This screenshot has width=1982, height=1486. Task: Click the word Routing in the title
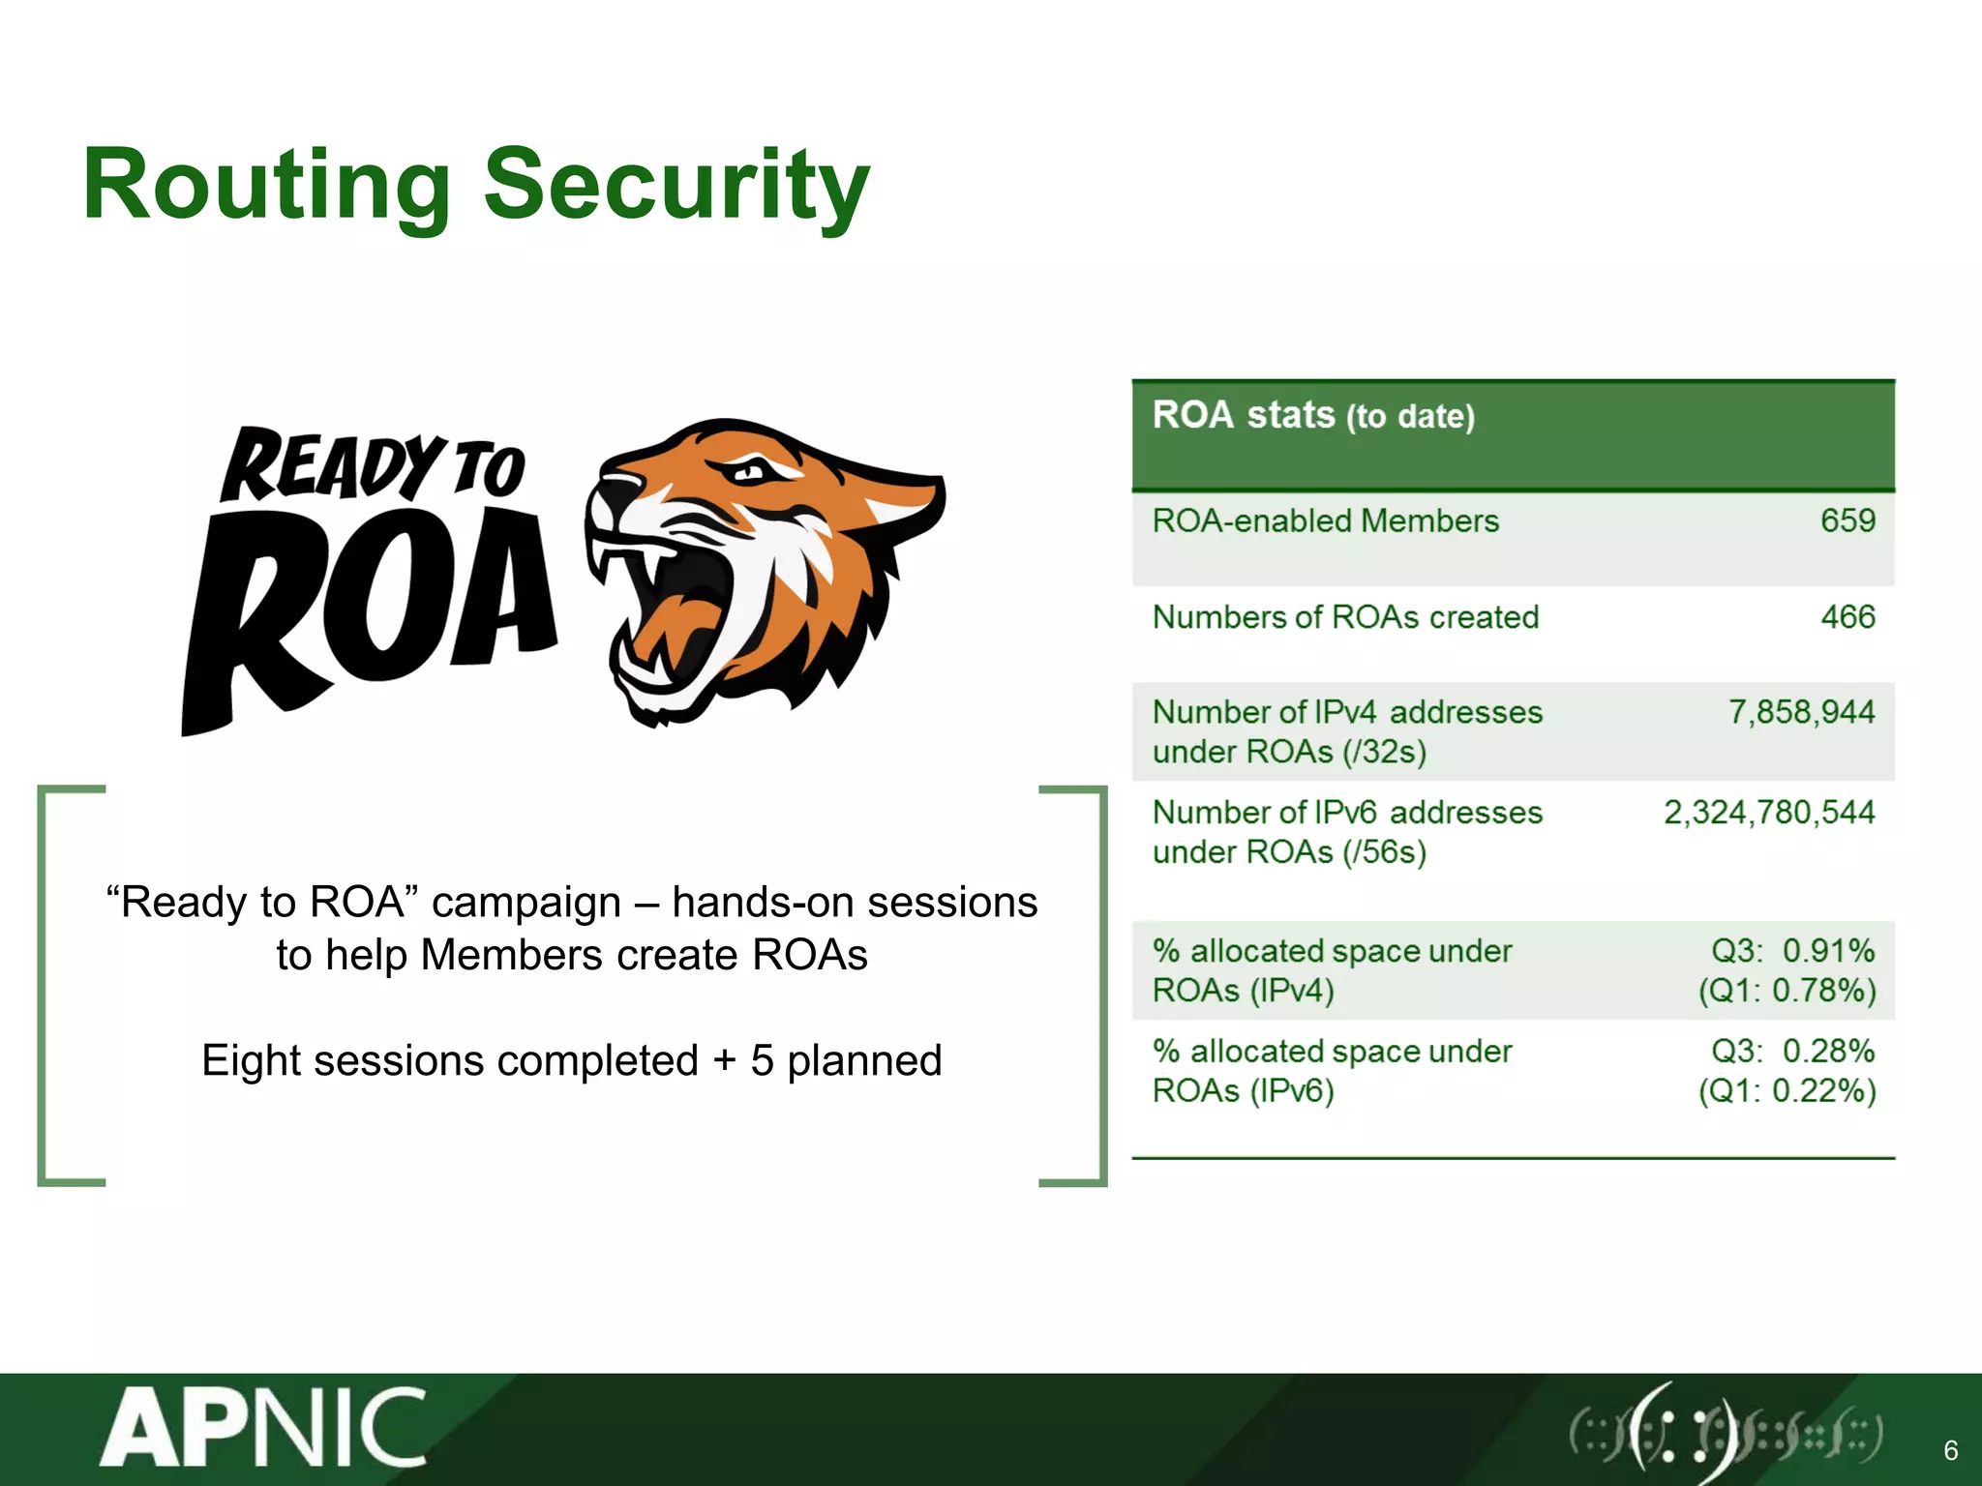(x=266, y=186)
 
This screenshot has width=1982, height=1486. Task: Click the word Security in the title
(x=676, y=186)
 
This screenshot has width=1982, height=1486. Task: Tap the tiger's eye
(x=750, y=473)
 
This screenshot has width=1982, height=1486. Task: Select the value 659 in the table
(x=1847, y=521)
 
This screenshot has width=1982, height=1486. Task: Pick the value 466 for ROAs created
(x=1847, y=617)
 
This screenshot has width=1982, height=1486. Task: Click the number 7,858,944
(x=1801, y=713)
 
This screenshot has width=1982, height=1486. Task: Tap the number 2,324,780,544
(x=1768, y=813)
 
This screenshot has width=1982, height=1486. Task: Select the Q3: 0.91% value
(x=1792, y=951)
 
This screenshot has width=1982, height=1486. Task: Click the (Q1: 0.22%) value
(x=1787, y=1091)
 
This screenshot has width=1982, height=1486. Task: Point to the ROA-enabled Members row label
(x=1325, y=521)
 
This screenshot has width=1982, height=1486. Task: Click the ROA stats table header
(x=1313, y=416)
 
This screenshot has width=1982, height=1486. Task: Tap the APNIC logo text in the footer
(x=263, y=1429)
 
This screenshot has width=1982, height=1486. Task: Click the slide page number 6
(x=1950, y=1450)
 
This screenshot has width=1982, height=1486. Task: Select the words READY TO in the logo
(x=373, y=468)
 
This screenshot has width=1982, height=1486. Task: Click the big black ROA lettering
(x=368, y=609)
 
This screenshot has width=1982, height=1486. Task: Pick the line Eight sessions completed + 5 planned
(x=571, y=1061)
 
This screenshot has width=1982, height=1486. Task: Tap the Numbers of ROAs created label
(x=1345, y=617)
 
